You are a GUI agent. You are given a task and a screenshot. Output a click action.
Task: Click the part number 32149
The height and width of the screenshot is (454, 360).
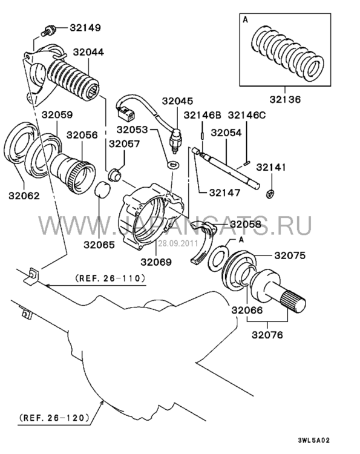coord(85,28)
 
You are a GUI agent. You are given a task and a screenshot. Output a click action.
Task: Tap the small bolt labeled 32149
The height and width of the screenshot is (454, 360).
coord(47,31)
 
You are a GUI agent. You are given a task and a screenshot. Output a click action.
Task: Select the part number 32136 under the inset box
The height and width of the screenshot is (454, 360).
coord(285,99)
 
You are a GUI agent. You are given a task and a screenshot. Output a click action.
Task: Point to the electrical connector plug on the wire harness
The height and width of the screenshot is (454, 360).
coord(126,113)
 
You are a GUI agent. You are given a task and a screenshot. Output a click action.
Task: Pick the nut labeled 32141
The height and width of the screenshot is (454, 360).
coord(270,194)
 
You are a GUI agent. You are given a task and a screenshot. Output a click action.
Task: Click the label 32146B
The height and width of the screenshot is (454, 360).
coord(202,115)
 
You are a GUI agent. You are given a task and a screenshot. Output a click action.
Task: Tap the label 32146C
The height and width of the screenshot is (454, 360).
coord(247,115)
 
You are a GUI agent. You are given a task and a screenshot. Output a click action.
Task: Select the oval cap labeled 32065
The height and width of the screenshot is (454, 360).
coord(103,189)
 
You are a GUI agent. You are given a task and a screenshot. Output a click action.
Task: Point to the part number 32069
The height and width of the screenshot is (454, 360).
coord(156,262)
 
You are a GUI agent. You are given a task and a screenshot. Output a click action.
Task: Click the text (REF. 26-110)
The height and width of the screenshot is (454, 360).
coord(110,278)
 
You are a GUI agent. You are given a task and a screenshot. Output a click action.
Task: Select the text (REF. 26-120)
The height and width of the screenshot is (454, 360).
coord(54,418)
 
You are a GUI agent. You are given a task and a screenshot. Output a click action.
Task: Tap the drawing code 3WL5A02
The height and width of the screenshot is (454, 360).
coord(313,441)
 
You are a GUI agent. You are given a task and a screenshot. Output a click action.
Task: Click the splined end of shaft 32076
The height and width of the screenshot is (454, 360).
coord(295,303)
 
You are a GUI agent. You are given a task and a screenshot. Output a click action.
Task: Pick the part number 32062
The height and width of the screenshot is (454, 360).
coord(24,196)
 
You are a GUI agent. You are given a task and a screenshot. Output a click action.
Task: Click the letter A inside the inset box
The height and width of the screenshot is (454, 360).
coord(246,20)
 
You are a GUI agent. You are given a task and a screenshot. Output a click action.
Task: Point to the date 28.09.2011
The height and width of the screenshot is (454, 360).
coord(178,243)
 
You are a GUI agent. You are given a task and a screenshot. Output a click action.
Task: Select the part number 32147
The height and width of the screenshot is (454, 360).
coord(224,192)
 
